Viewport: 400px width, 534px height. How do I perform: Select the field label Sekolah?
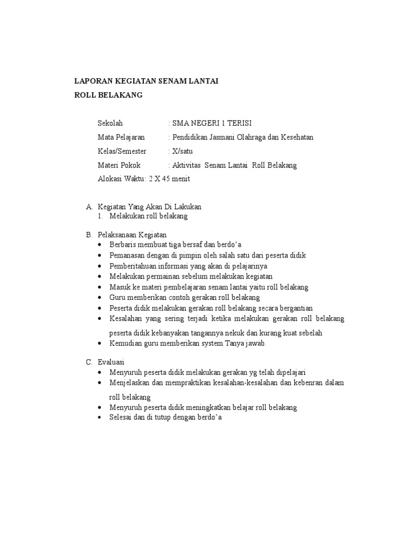(110, 123)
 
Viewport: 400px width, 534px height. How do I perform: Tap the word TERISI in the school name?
(240, 123)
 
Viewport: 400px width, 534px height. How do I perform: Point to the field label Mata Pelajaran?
(121, 137)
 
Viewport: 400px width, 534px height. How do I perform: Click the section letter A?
(89, 207)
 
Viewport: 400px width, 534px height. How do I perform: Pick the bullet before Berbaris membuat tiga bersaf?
(101, 245)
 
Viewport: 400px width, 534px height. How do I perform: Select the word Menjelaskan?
(129, 383)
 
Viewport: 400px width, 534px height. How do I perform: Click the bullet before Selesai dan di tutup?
(101, 418)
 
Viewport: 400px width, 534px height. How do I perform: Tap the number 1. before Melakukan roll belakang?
(101, 216)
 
